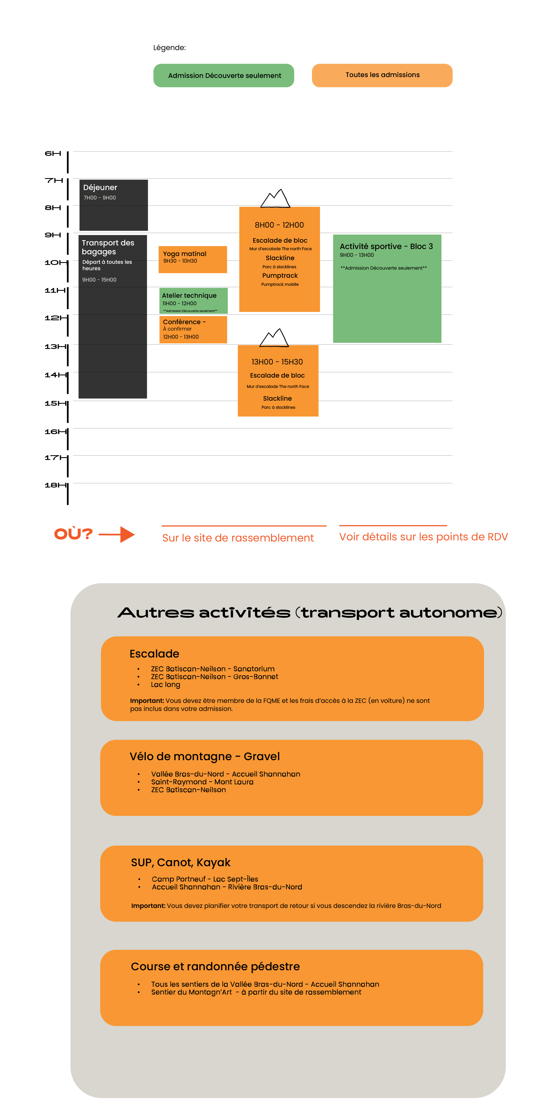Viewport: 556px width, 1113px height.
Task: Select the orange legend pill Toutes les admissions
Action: point(382,75)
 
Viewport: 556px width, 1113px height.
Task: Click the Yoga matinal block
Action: point(193,259)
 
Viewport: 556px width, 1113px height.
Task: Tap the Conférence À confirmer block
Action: point(193,329)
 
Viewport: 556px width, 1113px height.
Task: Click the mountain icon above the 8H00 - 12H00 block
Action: point(275,199)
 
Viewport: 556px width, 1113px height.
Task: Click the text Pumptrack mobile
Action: point(280,284)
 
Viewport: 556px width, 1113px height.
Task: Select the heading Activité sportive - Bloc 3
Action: point(386,246)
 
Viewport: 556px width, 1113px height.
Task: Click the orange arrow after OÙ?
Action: point(117,535)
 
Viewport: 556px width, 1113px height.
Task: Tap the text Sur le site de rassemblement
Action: point(238,538)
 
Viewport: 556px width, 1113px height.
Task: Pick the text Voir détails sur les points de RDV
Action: point(423,537)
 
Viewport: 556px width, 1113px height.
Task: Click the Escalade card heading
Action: point(154,654)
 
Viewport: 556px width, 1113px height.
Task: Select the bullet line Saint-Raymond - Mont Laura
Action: point(202,782)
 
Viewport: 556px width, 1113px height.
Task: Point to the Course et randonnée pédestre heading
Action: point(215,967)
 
